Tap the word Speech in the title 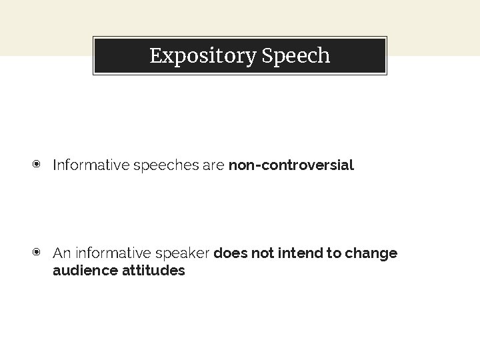296,56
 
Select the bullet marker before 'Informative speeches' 37,164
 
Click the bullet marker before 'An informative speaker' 37,253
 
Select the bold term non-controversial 291,165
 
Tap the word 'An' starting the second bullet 61,253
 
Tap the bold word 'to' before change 332,253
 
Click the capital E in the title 155,56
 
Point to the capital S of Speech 267,56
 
